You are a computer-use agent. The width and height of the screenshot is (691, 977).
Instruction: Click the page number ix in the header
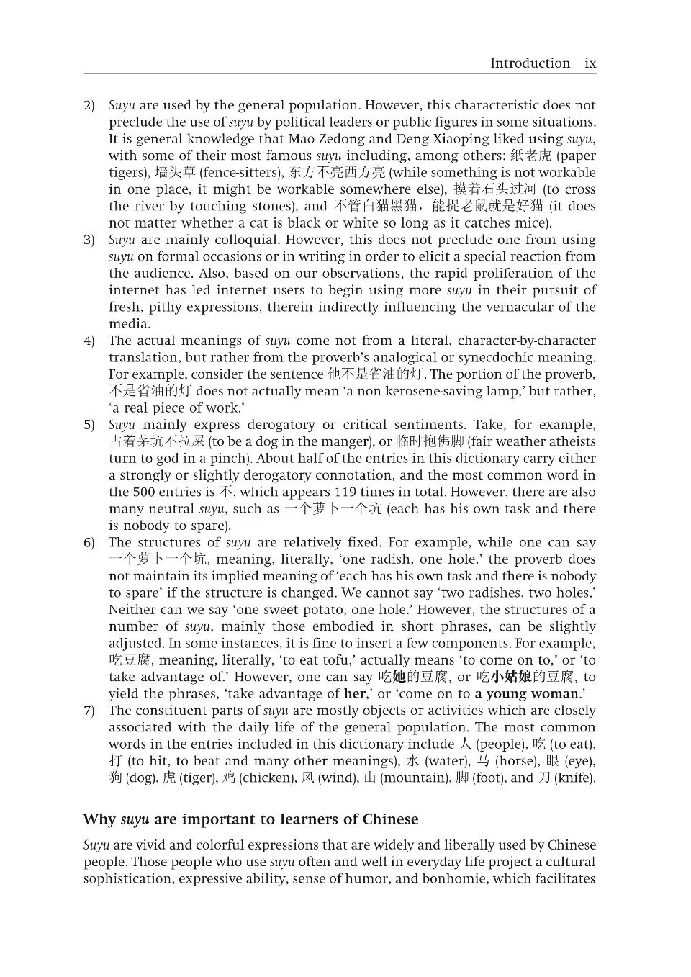(x=590, y=63)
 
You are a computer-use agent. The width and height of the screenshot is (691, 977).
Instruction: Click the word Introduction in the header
(x=530, y=63)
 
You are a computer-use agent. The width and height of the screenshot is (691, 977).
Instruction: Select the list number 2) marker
(x=89, y=106)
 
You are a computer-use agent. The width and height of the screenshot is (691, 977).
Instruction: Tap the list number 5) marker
(x=89, y=426)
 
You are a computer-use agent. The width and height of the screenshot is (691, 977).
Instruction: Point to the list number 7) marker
(x=89, y=711)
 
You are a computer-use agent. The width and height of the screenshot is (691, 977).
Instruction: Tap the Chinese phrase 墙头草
(x=175, y=173)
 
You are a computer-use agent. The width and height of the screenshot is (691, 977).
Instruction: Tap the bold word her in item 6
(x=355, y=694)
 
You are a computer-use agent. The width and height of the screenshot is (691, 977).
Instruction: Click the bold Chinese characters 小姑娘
(x=511, y=677)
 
